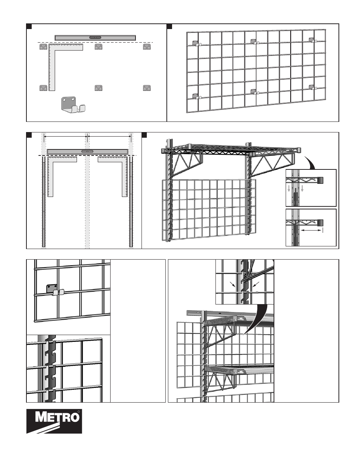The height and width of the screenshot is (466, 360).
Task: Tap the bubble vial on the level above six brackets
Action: pyautogui.click(x=95, y=37)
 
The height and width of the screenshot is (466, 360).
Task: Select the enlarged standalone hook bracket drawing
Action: pyautogui.click(x=73, y=104)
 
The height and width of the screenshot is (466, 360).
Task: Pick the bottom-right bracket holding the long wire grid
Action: pyautogui.click(x=312, y=87)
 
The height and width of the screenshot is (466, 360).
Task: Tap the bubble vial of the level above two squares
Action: pyautogui.click(x=87, y=151)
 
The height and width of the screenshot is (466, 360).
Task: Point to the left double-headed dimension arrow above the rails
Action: pyautogui.click(x=65, y=136)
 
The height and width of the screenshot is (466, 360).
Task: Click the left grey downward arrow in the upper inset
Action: pyautogui.click(x=289, y=189)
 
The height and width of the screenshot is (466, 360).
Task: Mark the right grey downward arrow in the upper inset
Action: pyautogui.click(x=302, y=189)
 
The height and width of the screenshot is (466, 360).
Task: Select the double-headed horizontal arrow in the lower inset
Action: pyautogui.click(x=311, y=230)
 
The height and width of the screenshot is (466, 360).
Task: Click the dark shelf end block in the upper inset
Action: pyautogui.click(x=320, y=180)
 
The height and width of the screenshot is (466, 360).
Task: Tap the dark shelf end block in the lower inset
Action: pyautogui.click(x=320, y=223)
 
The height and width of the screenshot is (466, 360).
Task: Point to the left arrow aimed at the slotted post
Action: pyautogui.click(x=232, y=285)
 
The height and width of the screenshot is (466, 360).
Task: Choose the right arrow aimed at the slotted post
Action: pyautogui.click(x=256, y=284)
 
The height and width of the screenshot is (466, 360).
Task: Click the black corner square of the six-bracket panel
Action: pyautogui.click(x=29, y=26)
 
